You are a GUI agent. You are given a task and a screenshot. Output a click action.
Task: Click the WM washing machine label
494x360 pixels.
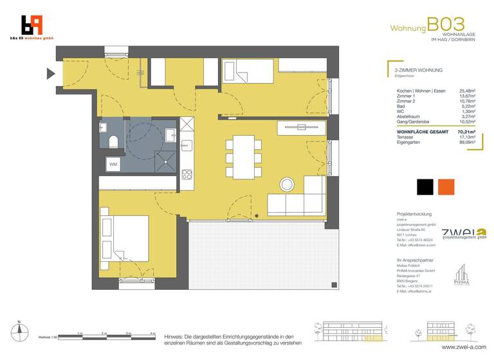[113, 165]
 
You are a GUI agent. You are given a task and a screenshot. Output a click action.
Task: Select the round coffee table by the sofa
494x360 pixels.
[286, 185]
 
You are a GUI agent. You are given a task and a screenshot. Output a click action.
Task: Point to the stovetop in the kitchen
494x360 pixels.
[188, 175]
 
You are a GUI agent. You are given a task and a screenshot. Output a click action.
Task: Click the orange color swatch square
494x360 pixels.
[446, 187]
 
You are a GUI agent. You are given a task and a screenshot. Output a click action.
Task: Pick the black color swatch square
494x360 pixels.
[425, 187]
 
